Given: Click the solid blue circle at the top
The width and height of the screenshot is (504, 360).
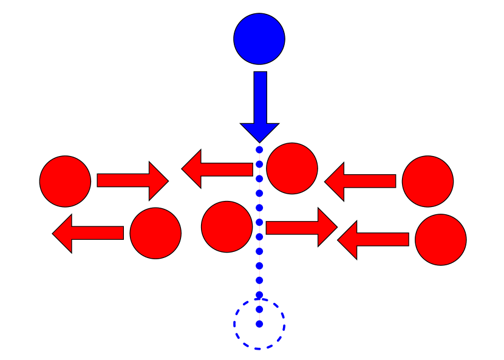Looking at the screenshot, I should pos(259,39).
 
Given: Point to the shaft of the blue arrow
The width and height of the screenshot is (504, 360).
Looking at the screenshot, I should pos(261,97).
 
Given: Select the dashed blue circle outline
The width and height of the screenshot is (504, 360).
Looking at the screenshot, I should pos(234,324).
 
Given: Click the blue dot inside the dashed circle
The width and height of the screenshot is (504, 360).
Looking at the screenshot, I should pos(259,324).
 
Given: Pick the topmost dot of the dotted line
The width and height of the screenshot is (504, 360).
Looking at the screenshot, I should pos(259,149).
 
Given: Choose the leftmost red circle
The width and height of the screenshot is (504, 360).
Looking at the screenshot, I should pos(65,182).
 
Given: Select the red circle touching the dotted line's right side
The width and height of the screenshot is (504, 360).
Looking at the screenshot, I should pos(292,169).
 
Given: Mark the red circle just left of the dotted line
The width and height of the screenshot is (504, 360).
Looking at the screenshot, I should pos(226,226).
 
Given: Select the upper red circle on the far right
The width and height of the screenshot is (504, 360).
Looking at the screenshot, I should pos(427,182).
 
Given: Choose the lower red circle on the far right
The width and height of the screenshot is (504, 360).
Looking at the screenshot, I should pos(440,240).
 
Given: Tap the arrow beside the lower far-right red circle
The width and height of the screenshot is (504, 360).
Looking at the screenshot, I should pos(373,240).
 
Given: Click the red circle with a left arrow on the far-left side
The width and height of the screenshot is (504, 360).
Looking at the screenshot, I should pos(155,233).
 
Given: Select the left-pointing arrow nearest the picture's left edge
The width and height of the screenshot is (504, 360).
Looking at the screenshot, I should pos(88,233).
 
